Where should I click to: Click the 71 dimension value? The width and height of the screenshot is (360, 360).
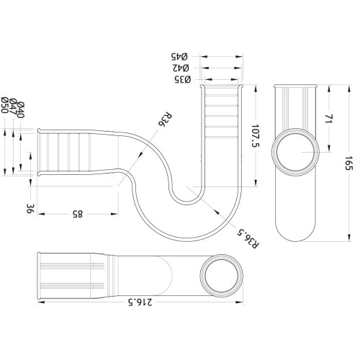point(328,120)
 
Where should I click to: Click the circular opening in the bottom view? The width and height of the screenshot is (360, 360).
point(219,276)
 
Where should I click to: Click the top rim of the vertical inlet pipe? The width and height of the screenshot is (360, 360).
point(222,86)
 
